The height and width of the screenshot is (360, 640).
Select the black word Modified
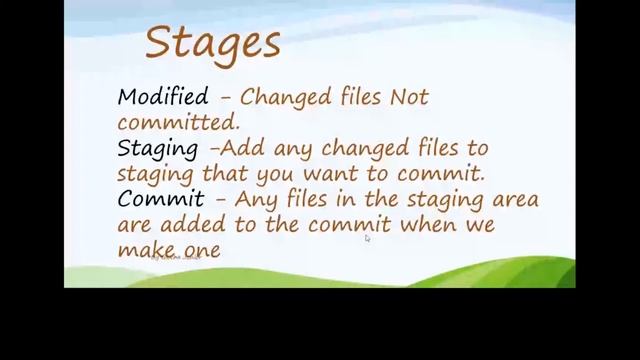tap(163, 98)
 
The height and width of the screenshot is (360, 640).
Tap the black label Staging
tap(158, 149)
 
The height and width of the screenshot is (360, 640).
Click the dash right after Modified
tap(225, 98)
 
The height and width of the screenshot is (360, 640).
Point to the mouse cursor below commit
tap(367, 238)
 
